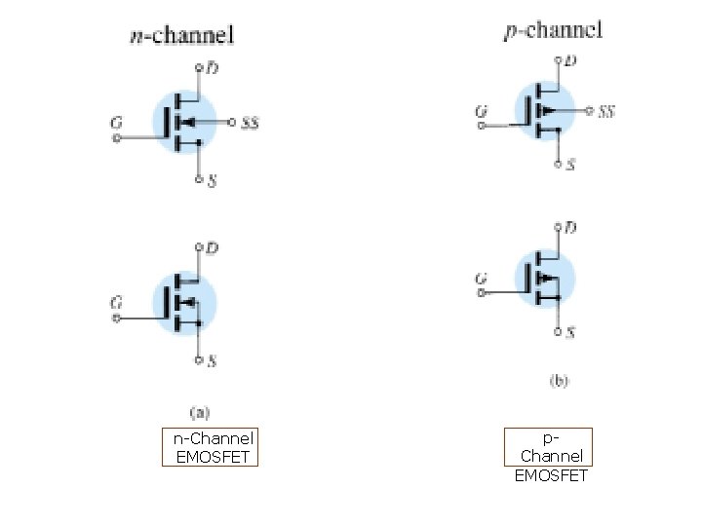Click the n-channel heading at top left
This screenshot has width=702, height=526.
pyautogui.click(x=182, y=37)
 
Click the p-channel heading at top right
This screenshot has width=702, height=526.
pyautogui.click(x=553, y=31)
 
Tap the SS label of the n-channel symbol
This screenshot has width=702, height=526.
pyautogui.click(x=250, y=123)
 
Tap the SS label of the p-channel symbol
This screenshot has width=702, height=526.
pyautogui.click(x=606, y=112)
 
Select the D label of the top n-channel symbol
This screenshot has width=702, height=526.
pyautogui.click(x=212, y=67)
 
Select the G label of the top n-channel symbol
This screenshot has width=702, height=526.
pyautogui.click(x=116, y=123)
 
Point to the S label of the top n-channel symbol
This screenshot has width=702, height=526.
pyautogui.click(x=212, y=181)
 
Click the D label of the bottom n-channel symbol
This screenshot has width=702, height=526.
pyautogui.click(x=212, y=248)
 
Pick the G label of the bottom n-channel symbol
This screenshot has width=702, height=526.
pyautogui.click(x=116, y=303)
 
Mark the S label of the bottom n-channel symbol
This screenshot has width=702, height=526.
pyautogui.click(x=212, y=361)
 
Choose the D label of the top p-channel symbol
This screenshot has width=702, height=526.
pyautogui.click(x=570, y=60)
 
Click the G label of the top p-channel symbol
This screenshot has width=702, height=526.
pyautogui.click(x=481, y=112)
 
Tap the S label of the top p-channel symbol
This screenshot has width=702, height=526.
pyautogui.click(x=570, y=166)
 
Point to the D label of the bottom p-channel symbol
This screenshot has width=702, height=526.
pyautogui.click(x=570, y=228)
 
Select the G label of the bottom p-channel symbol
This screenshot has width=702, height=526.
pyautogui.click(x=481, y=280)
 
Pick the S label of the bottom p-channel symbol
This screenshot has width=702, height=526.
pyautogui.click(x=570, y=333)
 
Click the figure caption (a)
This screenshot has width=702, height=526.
pyautogui.click(x=198, y=412)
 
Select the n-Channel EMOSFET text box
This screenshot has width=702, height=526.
pyautogui.click(x=211, y=448)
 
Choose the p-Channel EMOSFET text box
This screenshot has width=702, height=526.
pyautogui.click(x=551, y=456)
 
